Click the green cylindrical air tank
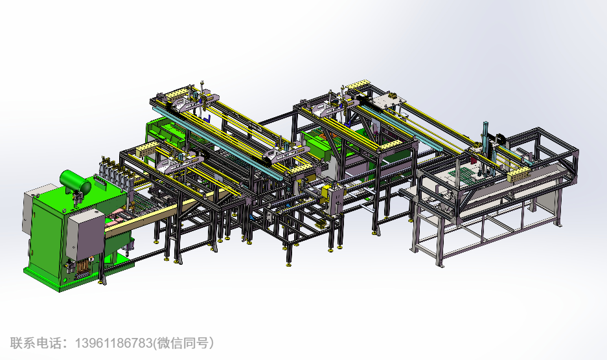pos(75,183)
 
